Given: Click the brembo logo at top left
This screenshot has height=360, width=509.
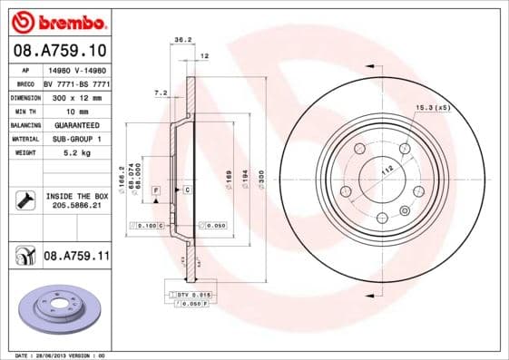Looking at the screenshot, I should tap(57, 19).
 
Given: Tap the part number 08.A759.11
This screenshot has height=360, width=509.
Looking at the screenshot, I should tap(76, 257).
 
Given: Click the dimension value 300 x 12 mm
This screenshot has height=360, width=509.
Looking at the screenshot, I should tap(76, 95).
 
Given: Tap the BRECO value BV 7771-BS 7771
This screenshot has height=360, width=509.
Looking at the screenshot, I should tap(76, 81).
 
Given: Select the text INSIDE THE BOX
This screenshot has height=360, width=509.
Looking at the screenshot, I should tap(76, 196).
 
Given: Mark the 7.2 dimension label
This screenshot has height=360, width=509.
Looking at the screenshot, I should tap(162, 92).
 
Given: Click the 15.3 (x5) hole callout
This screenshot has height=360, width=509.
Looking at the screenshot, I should tap(434, 108).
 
